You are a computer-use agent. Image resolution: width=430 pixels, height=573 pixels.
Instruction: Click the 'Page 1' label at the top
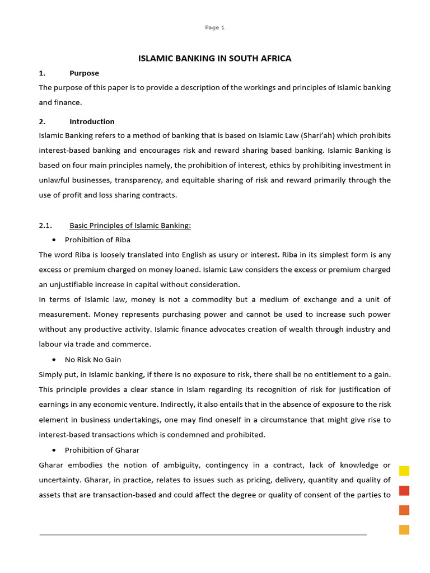(x=215, y=27)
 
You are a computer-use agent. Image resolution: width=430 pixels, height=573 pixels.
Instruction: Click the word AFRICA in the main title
(x=274, y=58)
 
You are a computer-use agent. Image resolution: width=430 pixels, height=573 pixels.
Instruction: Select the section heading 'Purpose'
(x=84, y=73)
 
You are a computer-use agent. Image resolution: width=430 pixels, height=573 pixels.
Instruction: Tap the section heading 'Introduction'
(x=92, y=121)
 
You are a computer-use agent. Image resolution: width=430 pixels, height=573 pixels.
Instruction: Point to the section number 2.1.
(x=45, y=226)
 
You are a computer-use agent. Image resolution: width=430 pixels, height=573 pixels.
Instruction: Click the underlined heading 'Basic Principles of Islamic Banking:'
(x=130, y=226)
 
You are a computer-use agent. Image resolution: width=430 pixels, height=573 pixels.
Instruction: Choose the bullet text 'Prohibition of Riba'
(x=97, y=240)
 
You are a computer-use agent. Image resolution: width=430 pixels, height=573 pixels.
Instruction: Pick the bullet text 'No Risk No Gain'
(x=93, y=359)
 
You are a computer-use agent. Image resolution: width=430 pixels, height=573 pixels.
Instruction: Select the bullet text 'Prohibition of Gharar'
(x=102, y=450)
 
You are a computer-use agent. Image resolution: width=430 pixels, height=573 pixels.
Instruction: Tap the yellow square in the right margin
(x=404, y=471)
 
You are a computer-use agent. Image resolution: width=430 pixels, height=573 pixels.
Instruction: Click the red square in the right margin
(x=404, y=491)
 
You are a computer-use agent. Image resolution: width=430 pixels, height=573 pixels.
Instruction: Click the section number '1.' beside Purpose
(x=41, y=73)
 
